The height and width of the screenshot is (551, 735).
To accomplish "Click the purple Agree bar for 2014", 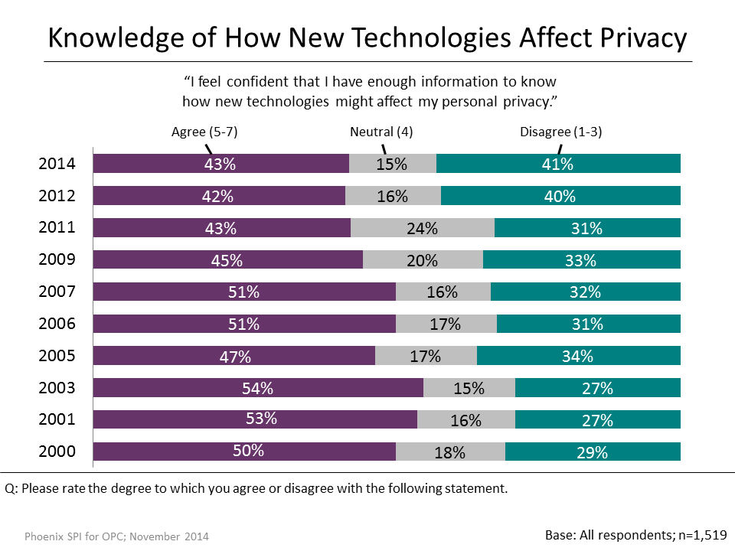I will point(221,164).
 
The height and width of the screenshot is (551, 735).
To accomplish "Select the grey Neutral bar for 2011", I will point(423,227).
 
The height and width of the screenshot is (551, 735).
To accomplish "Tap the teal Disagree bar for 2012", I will point(560,196).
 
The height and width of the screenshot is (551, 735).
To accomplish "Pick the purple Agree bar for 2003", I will point(258,388).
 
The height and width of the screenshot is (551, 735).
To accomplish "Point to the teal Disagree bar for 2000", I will point(593,452).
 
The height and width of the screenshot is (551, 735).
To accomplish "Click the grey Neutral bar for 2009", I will point(423,259).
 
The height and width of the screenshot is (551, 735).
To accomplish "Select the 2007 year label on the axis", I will point(57,292).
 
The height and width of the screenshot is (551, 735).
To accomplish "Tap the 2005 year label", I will point(57,355).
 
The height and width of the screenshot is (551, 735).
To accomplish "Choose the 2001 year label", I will point(57,419).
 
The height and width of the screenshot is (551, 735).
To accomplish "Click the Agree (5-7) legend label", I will point(204,132).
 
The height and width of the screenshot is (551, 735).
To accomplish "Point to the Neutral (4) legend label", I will point(381,132).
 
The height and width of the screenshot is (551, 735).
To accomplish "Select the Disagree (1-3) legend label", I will point(561,132).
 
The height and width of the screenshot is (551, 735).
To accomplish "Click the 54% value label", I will point(258,388).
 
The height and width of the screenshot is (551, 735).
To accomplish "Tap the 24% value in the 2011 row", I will point(423,228).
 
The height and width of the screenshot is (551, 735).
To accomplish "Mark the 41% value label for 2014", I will point(558,164).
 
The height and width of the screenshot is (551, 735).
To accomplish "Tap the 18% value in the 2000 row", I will point(449,452).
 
